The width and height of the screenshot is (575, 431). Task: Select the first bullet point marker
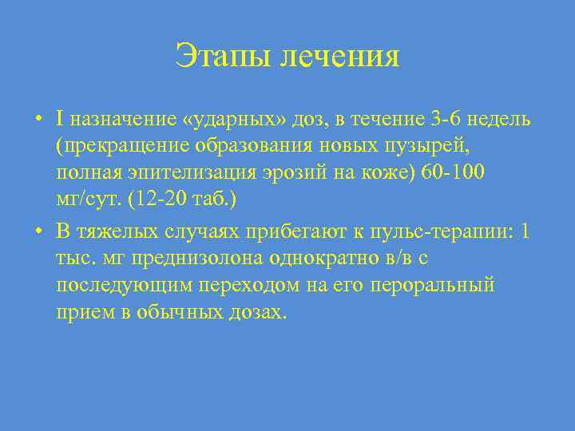[38, 121]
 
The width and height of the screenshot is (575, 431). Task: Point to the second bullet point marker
[38, 231]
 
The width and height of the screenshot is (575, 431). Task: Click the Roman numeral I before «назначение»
[61, 120]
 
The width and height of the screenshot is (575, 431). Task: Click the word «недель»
[501, 120]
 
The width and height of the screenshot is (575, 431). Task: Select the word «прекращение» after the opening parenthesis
[117, 148]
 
